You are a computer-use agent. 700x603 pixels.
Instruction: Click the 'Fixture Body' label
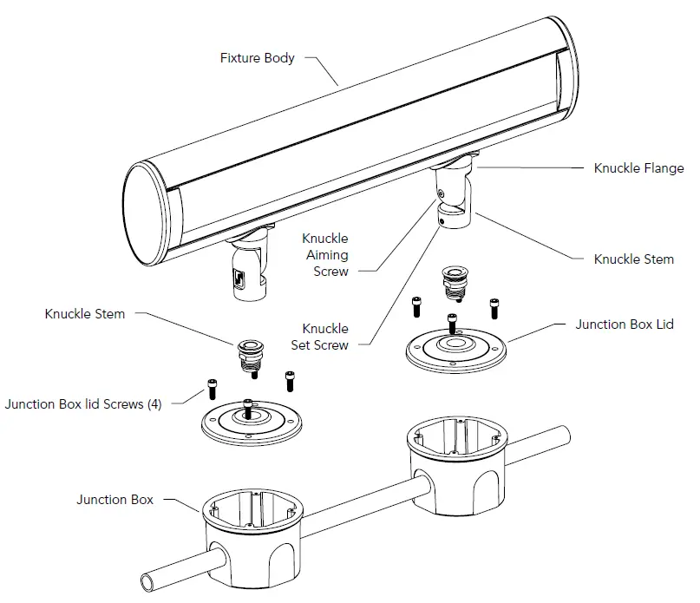(258, 58)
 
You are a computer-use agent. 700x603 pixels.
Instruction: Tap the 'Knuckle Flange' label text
(638, 168)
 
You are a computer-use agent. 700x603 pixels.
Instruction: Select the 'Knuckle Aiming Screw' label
(325, 254)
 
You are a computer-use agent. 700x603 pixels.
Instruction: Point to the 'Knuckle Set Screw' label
(325, 337)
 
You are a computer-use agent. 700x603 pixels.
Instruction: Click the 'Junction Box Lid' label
(625, 324)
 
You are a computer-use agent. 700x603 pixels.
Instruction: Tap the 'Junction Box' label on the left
(114, 499)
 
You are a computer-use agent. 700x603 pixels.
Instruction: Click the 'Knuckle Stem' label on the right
(633, 259)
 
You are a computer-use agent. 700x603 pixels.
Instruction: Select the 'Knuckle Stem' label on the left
(85, 313)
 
